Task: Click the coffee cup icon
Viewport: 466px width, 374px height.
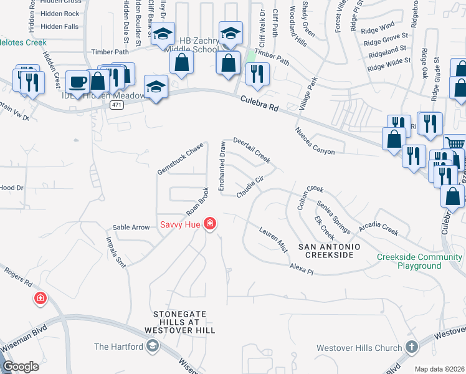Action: coord(79,82)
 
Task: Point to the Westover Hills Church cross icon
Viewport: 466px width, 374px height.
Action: coord(411,346)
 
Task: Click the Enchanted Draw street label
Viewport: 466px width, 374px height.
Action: coord(222,166)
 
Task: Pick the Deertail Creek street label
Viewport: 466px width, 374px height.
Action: coord(252,150)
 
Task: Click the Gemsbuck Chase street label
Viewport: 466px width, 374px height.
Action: coord(181,159)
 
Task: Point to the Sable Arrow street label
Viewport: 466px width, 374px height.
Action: coord(131,228)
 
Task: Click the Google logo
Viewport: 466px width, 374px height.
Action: coord(21,367)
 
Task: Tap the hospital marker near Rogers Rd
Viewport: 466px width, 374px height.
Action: coord(40,299)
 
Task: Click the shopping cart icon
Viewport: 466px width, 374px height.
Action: coord(456,143)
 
